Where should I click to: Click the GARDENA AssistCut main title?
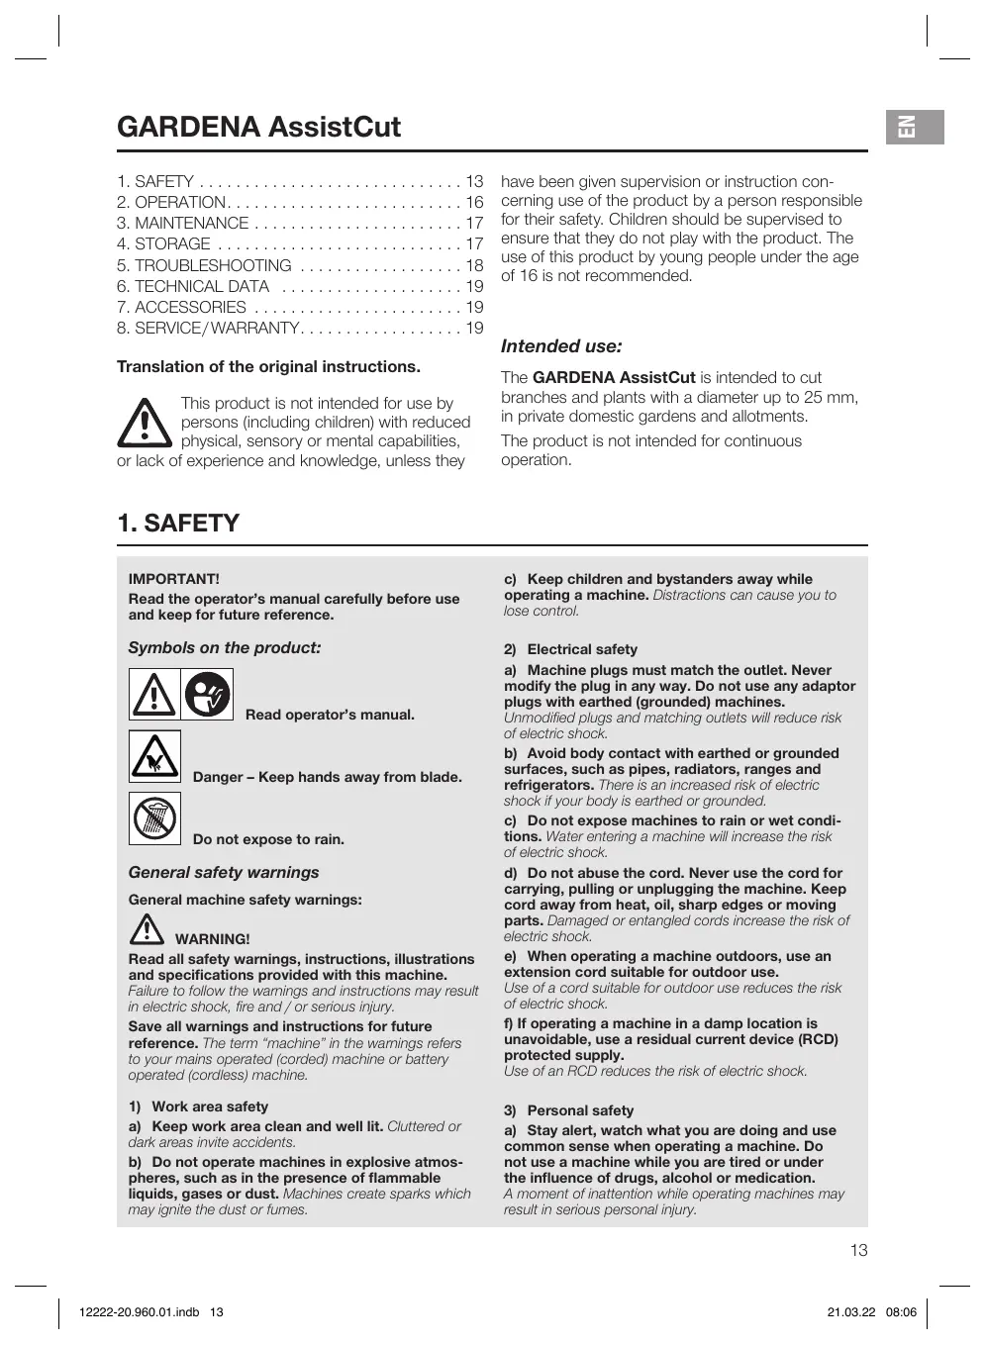(258, 127)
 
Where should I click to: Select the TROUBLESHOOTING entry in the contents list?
(213, 265)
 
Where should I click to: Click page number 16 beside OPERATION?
(474, 203)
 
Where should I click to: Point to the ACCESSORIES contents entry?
(190, 307)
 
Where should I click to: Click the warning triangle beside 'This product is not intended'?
(145, 424)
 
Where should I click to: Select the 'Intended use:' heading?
(561, 346)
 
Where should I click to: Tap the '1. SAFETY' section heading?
(178, 523)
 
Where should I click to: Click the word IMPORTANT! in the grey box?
(174, 579)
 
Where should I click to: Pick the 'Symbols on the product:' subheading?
(225, 648)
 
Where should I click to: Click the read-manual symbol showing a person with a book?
(207, 694)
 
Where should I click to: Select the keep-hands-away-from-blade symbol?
(154, 757)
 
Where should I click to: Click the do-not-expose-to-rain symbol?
(154, 818)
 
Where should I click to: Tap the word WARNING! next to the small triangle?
(212, 938)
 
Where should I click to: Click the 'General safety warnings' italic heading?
(224, 872)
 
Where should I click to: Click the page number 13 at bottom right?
(858, 1250)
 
